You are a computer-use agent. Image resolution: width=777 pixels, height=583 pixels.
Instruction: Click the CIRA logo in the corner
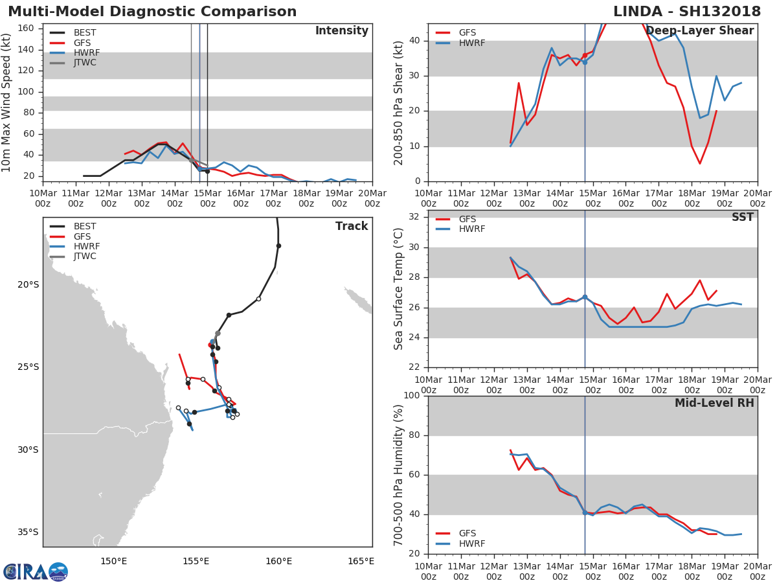[36, 572]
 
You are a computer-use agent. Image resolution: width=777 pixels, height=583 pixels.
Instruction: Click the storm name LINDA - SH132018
[687, 11]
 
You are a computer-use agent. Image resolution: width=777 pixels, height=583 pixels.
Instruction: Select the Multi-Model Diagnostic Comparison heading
[152, 11]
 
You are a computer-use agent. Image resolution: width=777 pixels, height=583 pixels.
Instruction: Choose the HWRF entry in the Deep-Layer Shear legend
[460, 43]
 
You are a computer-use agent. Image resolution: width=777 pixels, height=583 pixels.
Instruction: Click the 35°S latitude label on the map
[28, 532]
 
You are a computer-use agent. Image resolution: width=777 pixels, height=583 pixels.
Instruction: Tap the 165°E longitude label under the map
[361, 562]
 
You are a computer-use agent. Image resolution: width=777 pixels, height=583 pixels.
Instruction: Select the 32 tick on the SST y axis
[414, 217]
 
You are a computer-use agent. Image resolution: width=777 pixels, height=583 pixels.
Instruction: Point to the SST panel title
[743, 217]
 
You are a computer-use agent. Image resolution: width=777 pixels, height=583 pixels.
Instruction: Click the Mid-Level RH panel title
[714, 403]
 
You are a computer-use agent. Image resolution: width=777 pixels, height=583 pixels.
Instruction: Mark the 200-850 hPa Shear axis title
[398, 103]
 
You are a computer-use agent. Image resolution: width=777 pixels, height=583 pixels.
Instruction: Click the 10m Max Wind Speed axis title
[5, 103]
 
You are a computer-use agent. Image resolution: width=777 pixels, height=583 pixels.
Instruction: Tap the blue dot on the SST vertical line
[585, 297]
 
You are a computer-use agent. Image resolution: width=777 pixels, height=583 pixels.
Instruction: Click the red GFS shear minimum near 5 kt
[700, 163]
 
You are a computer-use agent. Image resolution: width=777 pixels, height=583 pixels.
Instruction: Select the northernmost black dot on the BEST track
[278, 246]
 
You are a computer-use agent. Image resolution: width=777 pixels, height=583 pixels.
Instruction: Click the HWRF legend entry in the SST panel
[460, 229]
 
